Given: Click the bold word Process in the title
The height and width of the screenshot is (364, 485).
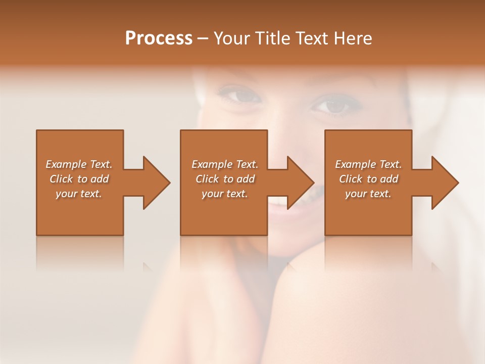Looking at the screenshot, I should tap(159, 38).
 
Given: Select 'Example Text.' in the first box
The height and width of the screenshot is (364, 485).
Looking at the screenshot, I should tap(79, 164).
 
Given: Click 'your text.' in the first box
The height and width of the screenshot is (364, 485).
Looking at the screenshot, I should tap(79, 194).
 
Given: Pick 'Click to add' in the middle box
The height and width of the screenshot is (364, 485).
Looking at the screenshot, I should tap(225, 179).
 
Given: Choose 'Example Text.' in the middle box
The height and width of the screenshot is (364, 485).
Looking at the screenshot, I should tap(225, 164).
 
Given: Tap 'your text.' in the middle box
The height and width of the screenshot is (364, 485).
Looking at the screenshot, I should tap(225, 194).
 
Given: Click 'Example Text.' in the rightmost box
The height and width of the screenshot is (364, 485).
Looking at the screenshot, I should tap(368, 164).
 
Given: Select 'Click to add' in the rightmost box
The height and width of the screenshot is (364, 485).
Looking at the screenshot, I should tap(368, 179).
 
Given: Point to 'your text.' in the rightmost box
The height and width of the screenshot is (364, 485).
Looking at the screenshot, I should tap(368, 194).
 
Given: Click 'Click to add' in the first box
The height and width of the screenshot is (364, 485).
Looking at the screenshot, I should tap(79, 179).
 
